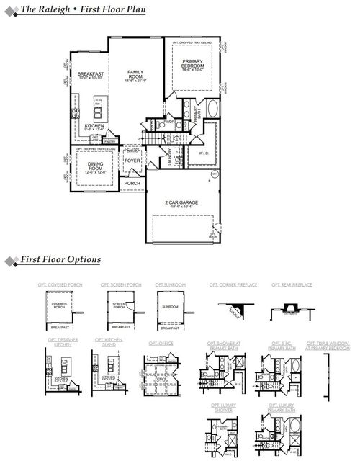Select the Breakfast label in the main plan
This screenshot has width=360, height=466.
(x=91, y=74)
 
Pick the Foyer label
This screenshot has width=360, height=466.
(x=132, y=161)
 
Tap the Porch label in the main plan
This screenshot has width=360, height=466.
(x=132, y=183)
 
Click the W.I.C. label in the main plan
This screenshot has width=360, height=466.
(x=202, y=153)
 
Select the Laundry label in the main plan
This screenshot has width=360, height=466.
(x=170, y=156)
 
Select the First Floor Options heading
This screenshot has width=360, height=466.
(x=60, y=259)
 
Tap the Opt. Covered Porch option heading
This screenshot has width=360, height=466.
(x=60, y=285)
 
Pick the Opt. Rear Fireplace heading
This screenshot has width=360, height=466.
(x=292, y=285)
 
